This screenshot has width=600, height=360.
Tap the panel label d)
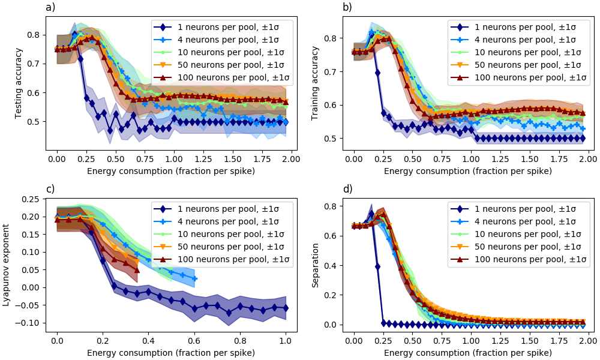coord(347,189)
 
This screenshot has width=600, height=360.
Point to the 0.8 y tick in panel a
coord(34,35)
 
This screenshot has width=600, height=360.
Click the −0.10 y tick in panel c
coord(29,323)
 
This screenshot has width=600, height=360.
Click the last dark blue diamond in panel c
coord(285,308)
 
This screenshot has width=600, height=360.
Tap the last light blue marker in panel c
coord(194,278)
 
